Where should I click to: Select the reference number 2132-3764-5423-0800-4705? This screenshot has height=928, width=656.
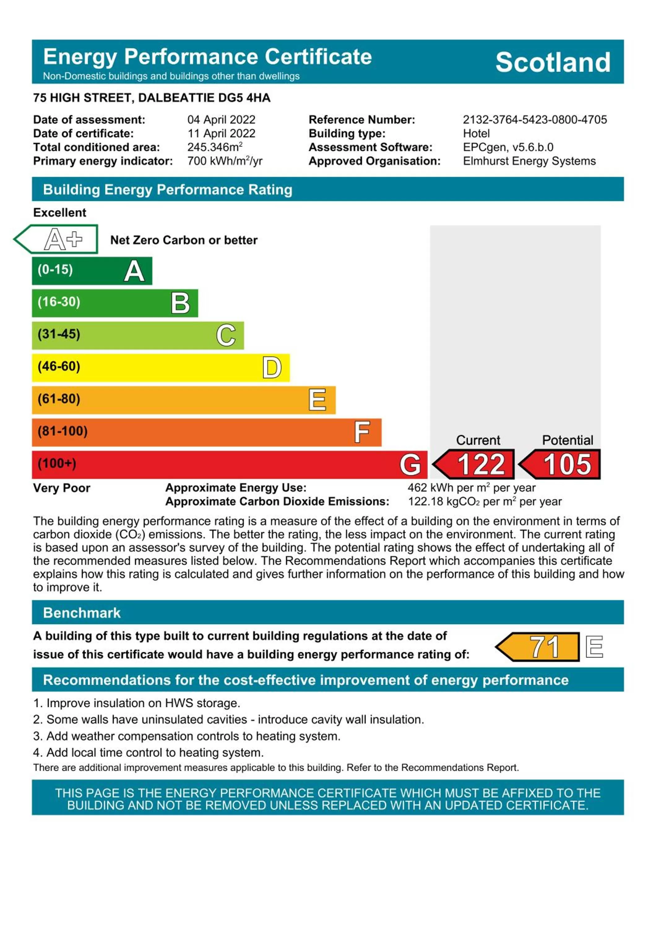(534, 120)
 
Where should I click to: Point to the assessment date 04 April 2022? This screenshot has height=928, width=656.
(221, 120)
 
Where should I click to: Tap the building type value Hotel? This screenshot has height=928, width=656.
(476, 133)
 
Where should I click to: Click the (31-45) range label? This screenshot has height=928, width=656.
(59, 334)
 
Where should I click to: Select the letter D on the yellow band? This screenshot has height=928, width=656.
(272, 368)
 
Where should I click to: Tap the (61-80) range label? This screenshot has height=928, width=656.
(59, 399)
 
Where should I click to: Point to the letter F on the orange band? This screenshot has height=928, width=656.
(362, 432)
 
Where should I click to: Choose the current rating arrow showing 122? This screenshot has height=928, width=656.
(474, 464)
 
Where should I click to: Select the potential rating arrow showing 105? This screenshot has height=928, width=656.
(560, 464)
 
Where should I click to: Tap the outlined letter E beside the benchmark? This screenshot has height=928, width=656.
(594, 647)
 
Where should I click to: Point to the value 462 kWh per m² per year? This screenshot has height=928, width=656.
(471, 488)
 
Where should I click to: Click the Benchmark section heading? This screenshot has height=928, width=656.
(82, 613)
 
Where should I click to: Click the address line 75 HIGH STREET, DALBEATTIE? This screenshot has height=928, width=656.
(152, 98)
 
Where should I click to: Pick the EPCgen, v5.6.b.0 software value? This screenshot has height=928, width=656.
(508, 147)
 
